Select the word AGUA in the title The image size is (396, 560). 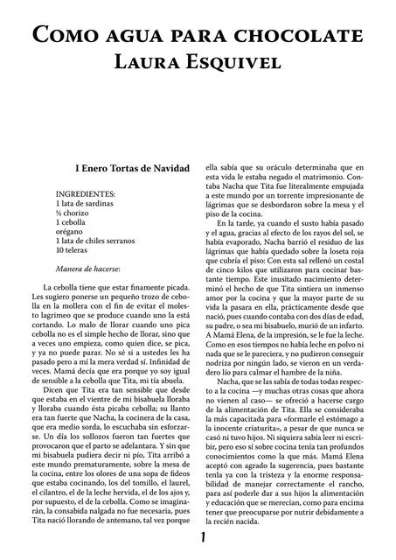134,37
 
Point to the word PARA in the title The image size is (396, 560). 196,37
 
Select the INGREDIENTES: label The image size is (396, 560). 87,192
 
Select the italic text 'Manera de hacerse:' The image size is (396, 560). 87,268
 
